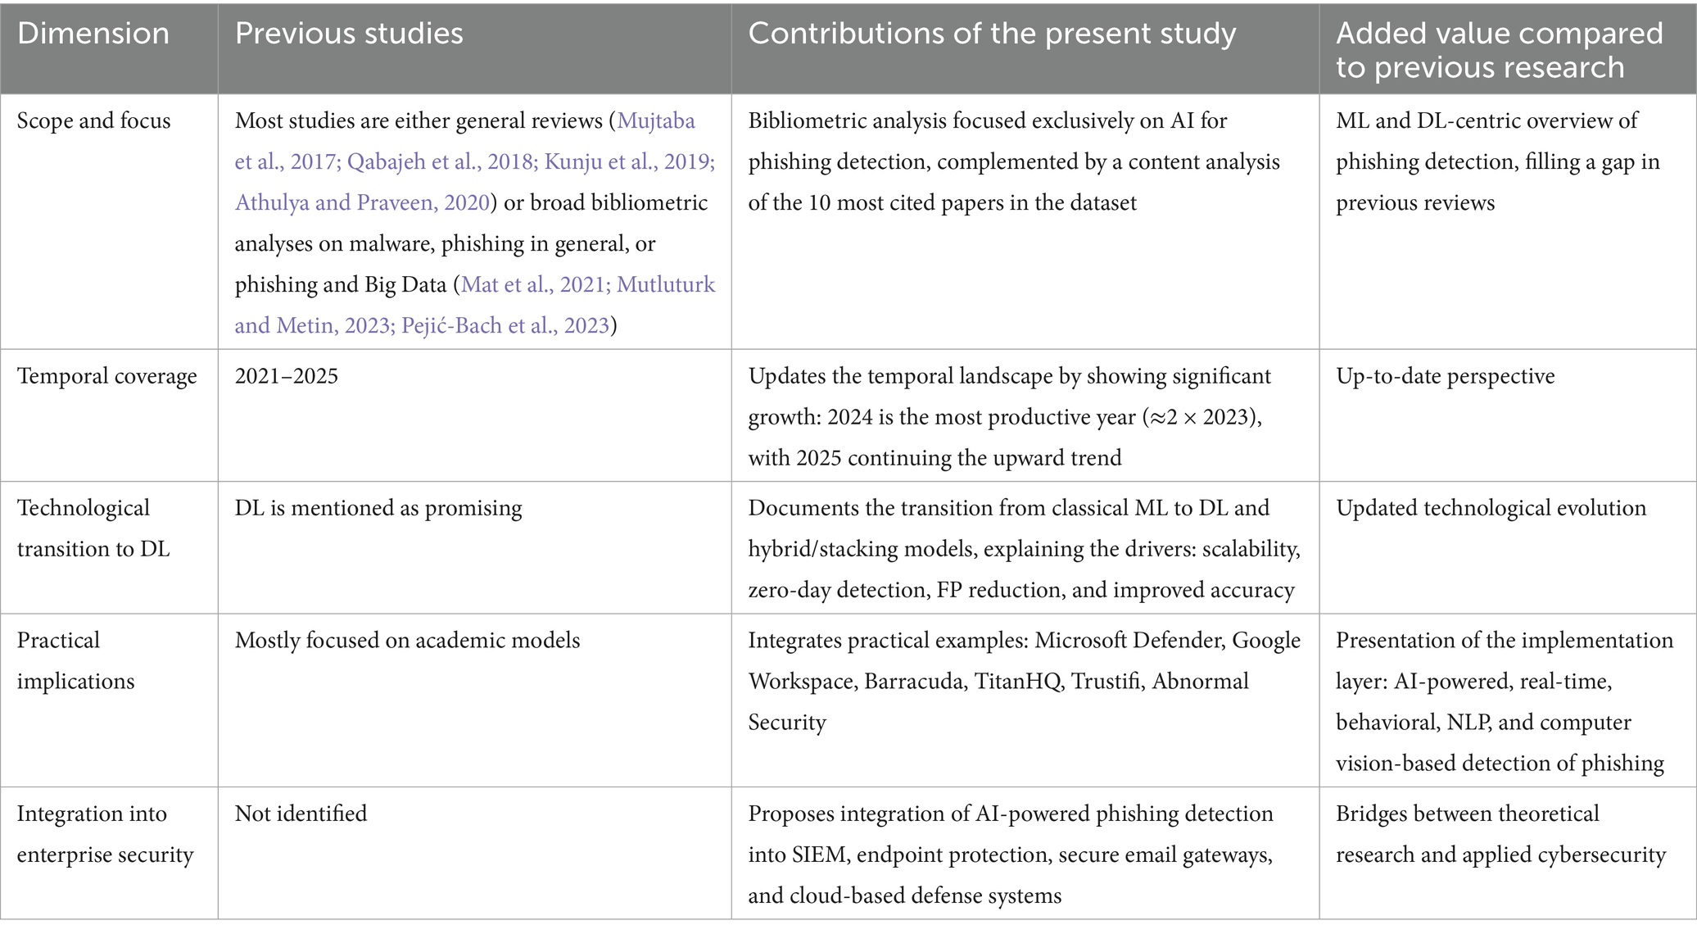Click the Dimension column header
(93, 34)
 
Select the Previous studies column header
(349, 34)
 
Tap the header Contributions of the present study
(992, 34)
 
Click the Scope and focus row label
(94, 120)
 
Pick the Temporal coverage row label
(107, 376)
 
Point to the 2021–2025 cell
(287, 376)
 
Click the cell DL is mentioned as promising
(378, 508)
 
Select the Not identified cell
(301, 814)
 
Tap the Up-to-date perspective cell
(1446, 376)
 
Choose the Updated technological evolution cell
(1491, 508)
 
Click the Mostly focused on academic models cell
(407, 640)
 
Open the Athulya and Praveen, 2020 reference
(362, 202)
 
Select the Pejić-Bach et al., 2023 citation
(505, 325)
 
